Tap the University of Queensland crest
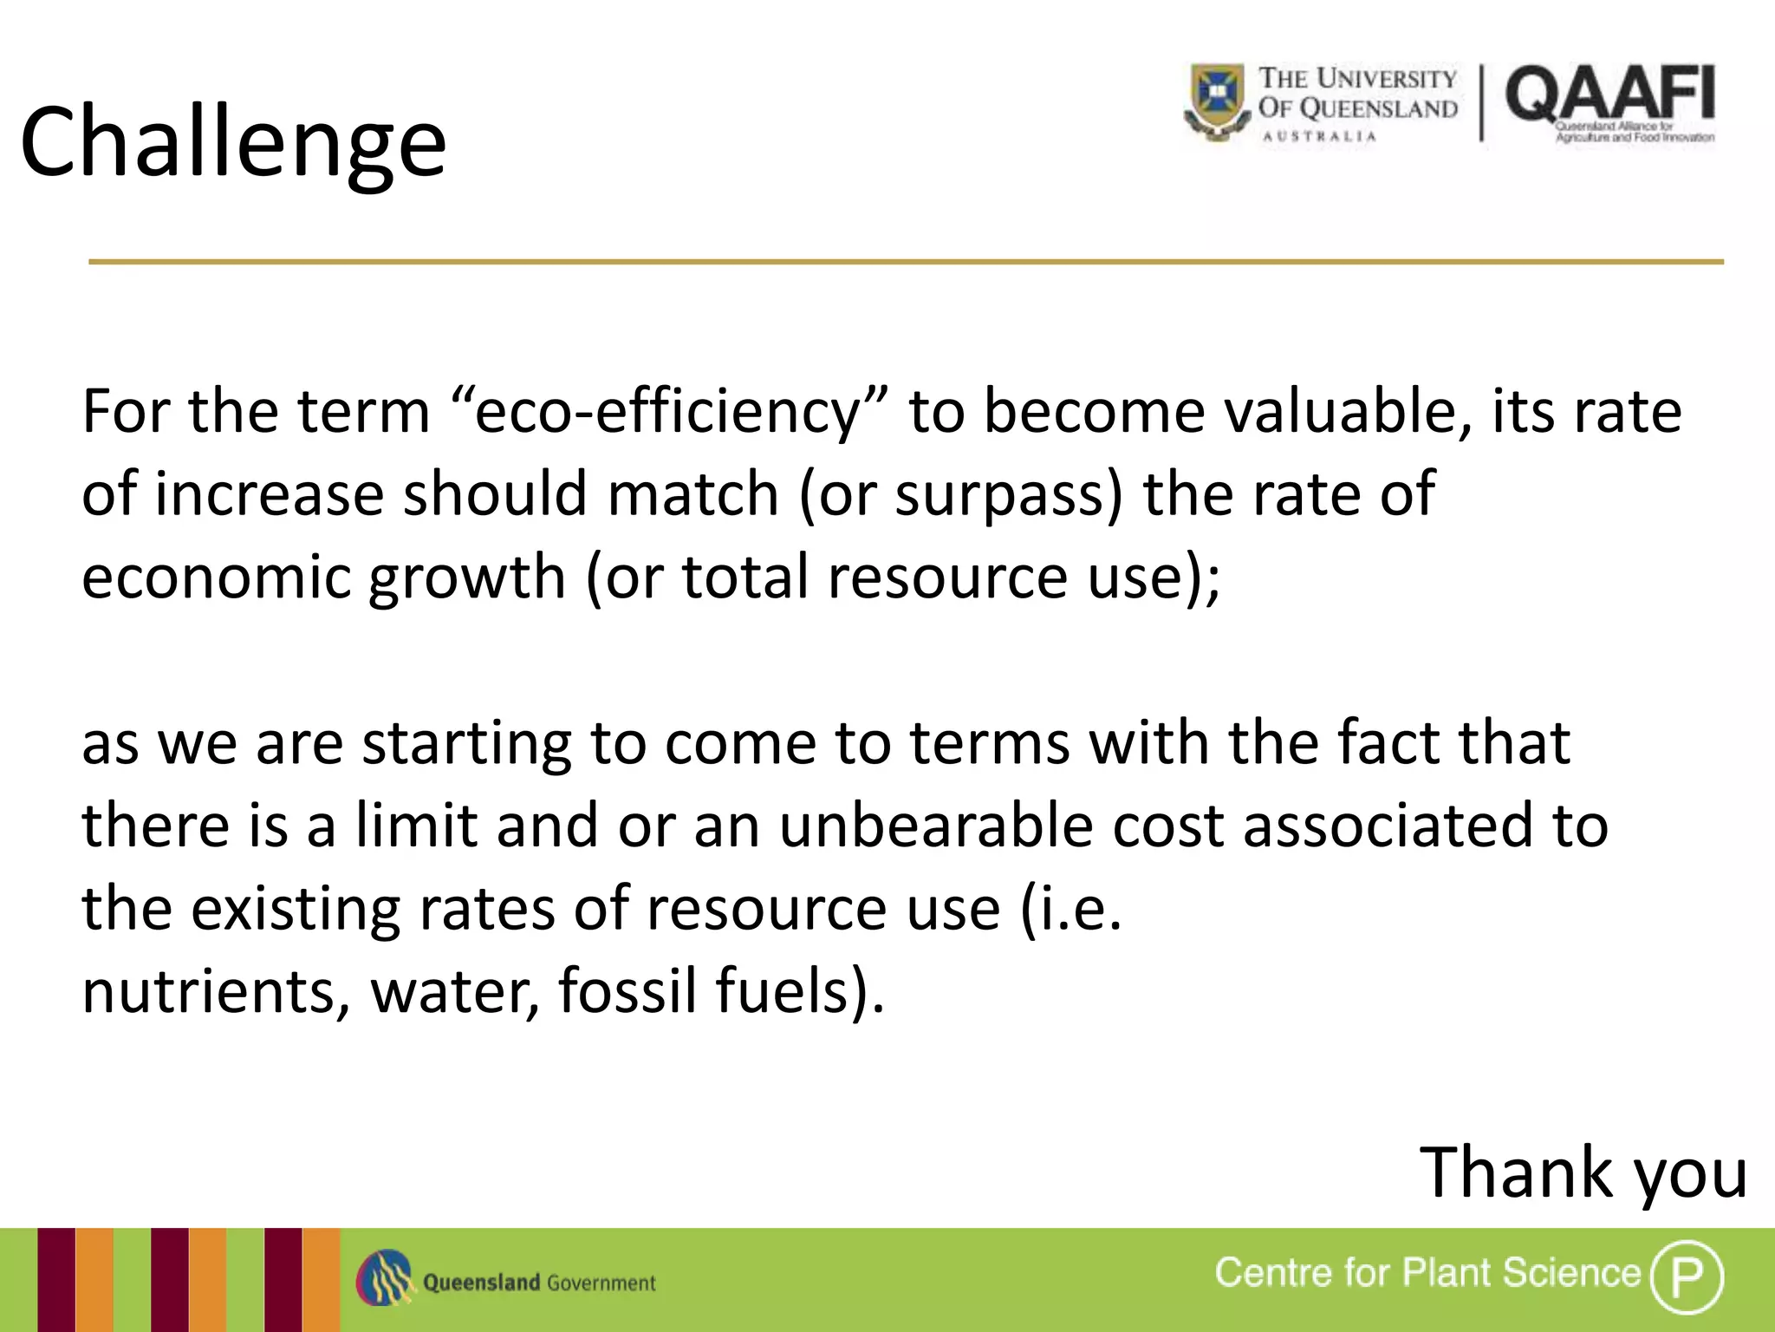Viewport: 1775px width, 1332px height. [x=1217, y=101]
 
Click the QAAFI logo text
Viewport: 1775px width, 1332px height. [x=1609, y=95]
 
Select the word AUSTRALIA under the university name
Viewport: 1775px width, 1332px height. [x=1319, y=136]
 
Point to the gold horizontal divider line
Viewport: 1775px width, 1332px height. [x=906, y=261]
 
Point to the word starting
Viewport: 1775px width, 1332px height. [x=466, y=743]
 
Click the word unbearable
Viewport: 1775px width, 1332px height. [x=936, y=826]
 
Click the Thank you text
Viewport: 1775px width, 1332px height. [x=1583, y=1173]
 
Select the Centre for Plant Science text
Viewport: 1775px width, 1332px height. [x=1427, y=1273]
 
